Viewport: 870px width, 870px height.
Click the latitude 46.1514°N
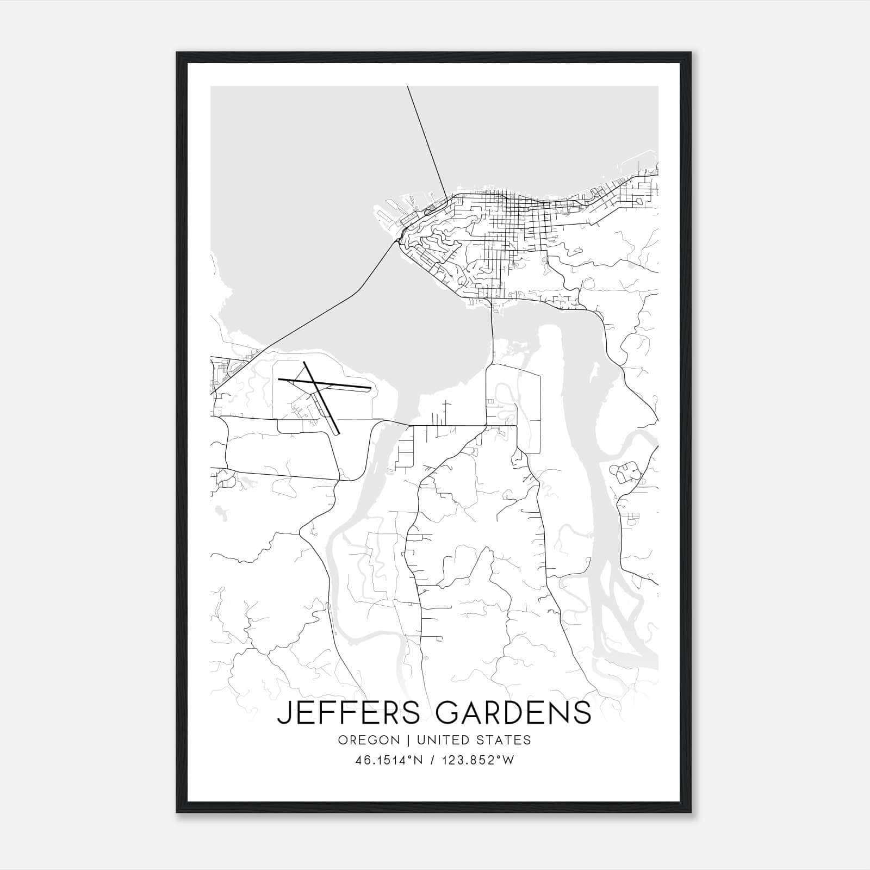coord(388,760)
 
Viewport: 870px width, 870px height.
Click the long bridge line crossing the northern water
coord(427,141)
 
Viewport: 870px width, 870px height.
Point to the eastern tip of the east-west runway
coord(370,388)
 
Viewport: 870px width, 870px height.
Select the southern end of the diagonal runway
coord(338,433)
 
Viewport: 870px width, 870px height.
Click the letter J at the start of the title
coord(283,713)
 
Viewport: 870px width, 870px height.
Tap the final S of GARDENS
coord(583,712)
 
